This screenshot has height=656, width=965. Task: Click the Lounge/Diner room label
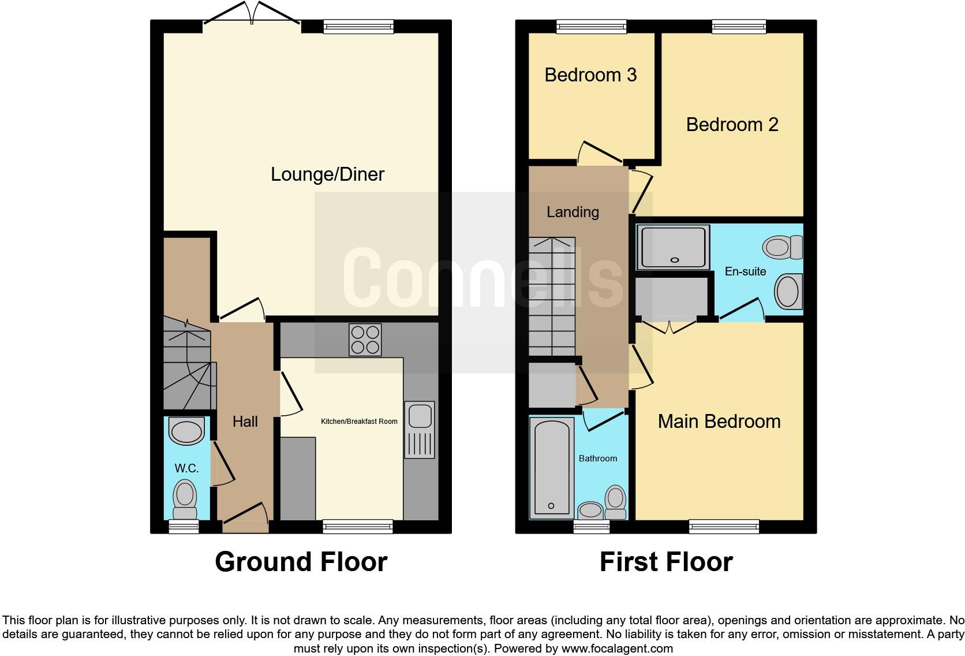coord(327,174)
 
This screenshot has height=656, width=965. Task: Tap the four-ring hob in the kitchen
coord(365,340)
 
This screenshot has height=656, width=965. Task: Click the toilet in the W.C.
coord(185,501)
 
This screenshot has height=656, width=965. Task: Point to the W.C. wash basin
coord(187,432)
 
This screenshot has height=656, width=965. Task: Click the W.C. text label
coord(186,468)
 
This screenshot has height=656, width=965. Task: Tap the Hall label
coord(245,422)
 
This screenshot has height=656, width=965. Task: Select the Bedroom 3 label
coord(590,75)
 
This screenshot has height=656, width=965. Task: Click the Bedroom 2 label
coord(732,125)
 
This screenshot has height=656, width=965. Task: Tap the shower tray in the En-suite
coord(674,248)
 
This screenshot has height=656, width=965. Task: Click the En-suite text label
coord(745,271)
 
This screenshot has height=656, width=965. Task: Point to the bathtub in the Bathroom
coord(551,467)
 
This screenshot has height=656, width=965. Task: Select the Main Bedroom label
coord(719,422)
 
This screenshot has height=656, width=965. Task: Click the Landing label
coord(573,212)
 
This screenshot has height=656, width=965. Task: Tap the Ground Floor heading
coord(301,562)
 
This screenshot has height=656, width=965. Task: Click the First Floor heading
coord(665,562)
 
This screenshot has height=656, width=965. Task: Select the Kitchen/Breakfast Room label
coord(359,422)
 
